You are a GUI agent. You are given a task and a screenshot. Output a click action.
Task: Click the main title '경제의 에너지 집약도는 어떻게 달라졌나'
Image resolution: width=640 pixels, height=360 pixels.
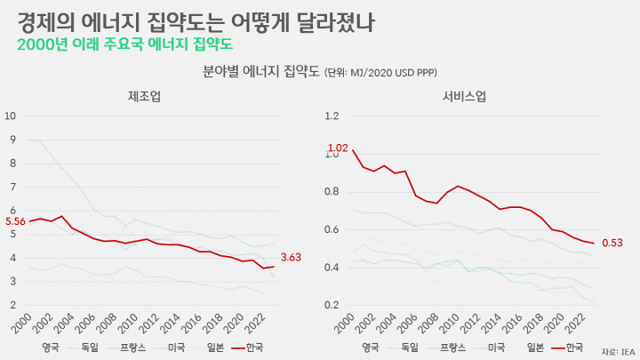click(x=196, y=22)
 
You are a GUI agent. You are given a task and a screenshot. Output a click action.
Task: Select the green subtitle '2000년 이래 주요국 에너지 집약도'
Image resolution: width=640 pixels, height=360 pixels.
click(x=125, y=44)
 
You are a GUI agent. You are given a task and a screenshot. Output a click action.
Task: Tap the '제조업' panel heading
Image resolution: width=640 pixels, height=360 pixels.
click(x=144, y=96)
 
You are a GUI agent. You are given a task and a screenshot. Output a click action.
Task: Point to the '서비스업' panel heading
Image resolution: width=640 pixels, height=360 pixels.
click(x=464, y=96)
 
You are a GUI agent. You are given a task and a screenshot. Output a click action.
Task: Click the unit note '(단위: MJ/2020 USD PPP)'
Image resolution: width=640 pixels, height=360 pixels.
click(x=380, y=73)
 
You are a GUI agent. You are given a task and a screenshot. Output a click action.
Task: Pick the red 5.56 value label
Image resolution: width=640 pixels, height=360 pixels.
click(x=15, y=221)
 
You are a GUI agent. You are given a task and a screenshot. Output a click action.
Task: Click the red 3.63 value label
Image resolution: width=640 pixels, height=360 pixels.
click(x=291, y=257)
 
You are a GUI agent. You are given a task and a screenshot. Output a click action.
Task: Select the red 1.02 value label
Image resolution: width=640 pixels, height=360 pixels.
click(x=338, y=148)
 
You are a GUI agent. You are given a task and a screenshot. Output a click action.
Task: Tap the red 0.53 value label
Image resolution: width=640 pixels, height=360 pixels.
click(x=612, y=243)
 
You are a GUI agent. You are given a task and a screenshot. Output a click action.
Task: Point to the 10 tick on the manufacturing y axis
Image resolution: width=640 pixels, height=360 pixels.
click(x=10, y=116)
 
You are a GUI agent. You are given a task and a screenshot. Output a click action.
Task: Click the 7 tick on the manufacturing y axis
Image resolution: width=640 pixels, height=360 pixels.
click(x=13, y=187)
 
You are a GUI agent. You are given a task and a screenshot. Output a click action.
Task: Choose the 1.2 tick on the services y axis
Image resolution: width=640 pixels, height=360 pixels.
click(x=332, y=116)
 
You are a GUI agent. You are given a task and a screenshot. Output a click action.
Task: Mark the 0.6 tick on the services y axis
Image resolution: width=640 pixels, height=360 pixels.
click(x=332, y=229)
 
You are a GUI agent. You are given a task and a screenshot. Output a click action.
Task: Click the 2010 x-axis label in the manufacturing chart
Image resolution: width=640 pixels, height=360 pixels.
click(x=128, y=324)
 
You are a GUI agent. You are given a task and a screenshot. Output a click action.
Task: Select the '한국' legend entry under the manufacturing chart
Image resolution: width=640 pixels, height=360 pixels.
click(x=247, y=348)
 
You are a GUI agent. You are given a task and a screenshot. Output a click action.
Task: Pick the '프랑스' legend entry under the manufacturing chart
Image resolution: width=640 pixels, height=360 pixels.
click(x=125, y=348)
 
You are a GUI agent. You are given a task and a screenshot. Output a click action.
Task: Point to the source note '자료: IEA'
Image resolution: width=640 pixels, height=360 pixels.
click(x=619, y=352)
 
